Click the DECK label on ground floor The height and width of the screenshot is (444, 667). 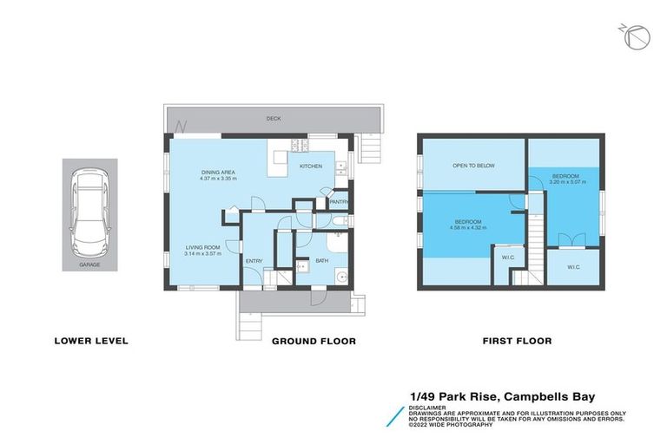click(x=274, y=119)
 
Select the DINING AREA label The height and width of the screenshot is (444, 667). click(x=219, y=173)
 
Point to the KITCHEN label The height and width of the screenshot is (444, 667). click(x=311, y=166)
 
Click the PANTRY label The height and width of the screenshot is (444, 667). click(x=339, y=202)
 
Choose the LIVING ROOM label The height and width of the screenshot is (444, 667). click(x=203, y=247)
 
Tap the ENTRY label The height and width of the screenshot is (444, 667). click(x=254, y=261)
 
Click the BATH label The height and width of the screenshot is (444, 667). click(x=321, y=260)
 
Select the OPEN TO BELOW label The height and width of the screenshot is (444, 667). click(x=473, y=165)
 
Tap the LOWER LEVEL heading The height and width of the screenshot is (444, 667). click(x=91, y=341)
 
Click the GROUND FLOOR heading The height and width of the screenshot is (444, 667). click(x=314, y=341)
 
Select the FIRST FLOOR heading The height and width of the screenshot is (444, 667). click(x=517, y=341)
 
